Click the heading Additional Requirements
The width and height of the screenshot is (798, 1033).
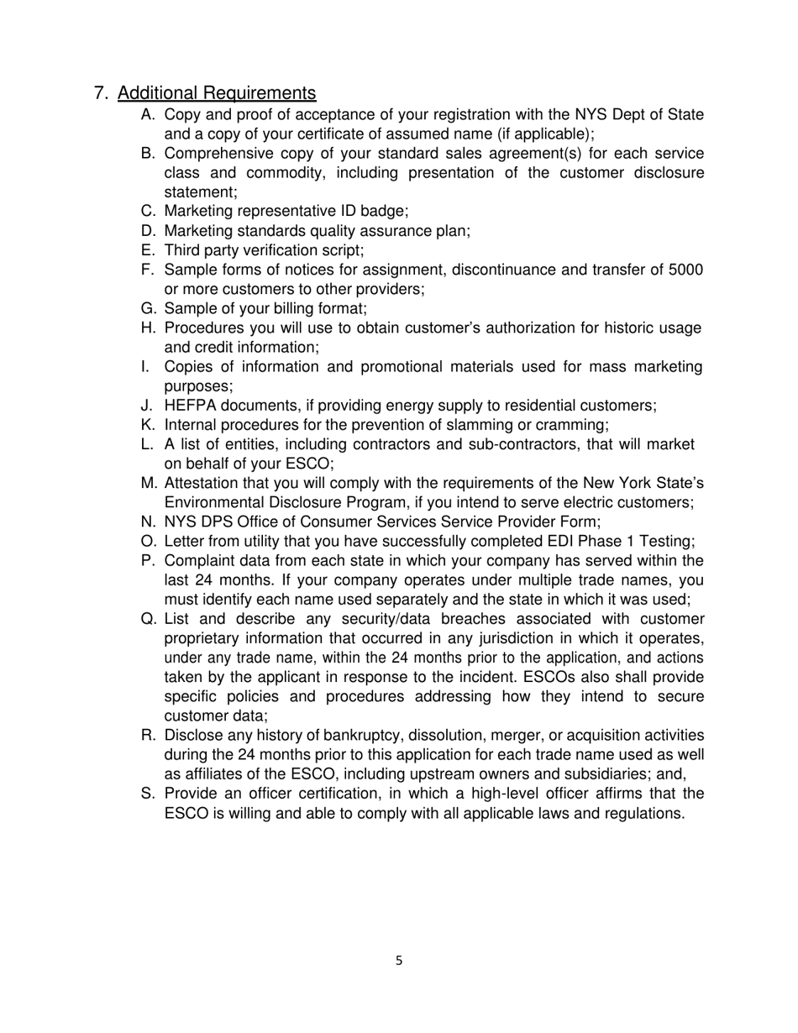[x=217, y=93]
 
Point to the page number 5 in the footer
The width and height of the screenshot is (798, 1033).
[x=399, y=961]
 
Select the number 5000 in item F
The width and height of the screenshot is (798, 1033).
[x=685, y=270]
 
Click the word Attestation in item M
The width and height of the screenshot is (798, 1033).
[x=202, y=484]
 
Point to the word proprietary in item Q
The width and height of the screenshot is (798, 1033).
[x=202, y=638]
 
